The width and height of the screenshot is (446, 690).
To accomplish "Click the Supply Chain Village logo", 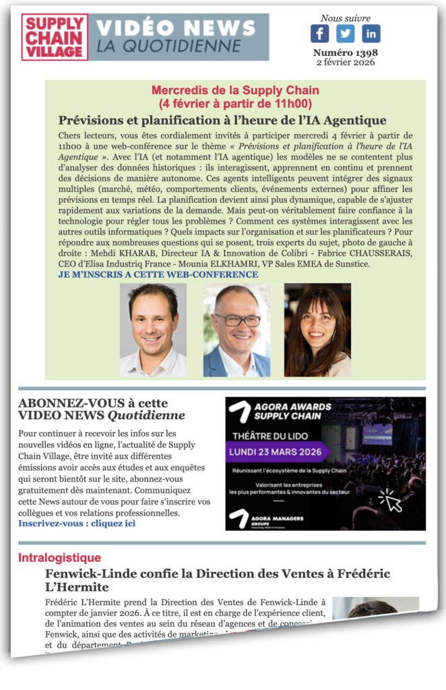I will (55, 37).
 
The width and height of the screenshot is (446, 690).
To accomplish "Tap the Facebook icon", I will (319, 34).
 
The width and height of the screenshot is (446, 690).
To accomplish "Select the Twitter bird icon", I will (345, 34).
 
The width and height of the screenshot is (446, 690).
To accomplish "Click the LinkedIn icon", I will (371, 34).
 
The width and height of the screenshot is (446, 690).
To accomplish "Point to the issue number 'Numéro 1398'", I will (345, 53).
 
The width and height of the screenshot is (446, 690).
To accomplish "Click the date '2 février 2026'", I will (345, 63).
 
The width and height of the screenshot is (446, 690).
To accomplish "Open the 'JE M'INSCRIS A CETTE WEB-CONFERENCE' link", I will (158, 274).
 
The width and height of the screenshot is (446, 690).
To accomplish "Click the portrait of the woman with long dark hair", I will (317, 330).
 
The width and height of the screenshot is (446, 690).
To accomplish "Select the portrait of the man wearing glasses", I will (236, 330).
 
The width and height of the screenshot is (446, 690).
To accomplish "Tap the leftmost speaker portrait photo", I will (153, 330).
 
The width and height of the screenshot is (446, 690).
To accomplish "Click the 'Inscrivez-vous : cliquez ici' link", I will (77, 523).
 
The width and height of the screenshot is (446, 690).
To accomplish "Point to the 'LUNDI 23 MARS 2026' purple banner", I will (277, 452).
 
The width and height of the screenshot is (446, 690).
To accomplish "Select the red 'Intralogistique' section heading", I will (59, 558).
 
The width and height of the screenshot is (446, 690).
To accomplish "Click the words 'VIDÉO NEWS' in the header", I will (176, 28).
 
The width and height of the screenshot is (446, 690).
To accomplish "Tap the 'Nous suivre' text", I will (345, 18).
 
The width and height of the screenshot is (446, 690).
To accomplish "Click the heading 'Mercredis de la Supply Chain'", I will (235, 90).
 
